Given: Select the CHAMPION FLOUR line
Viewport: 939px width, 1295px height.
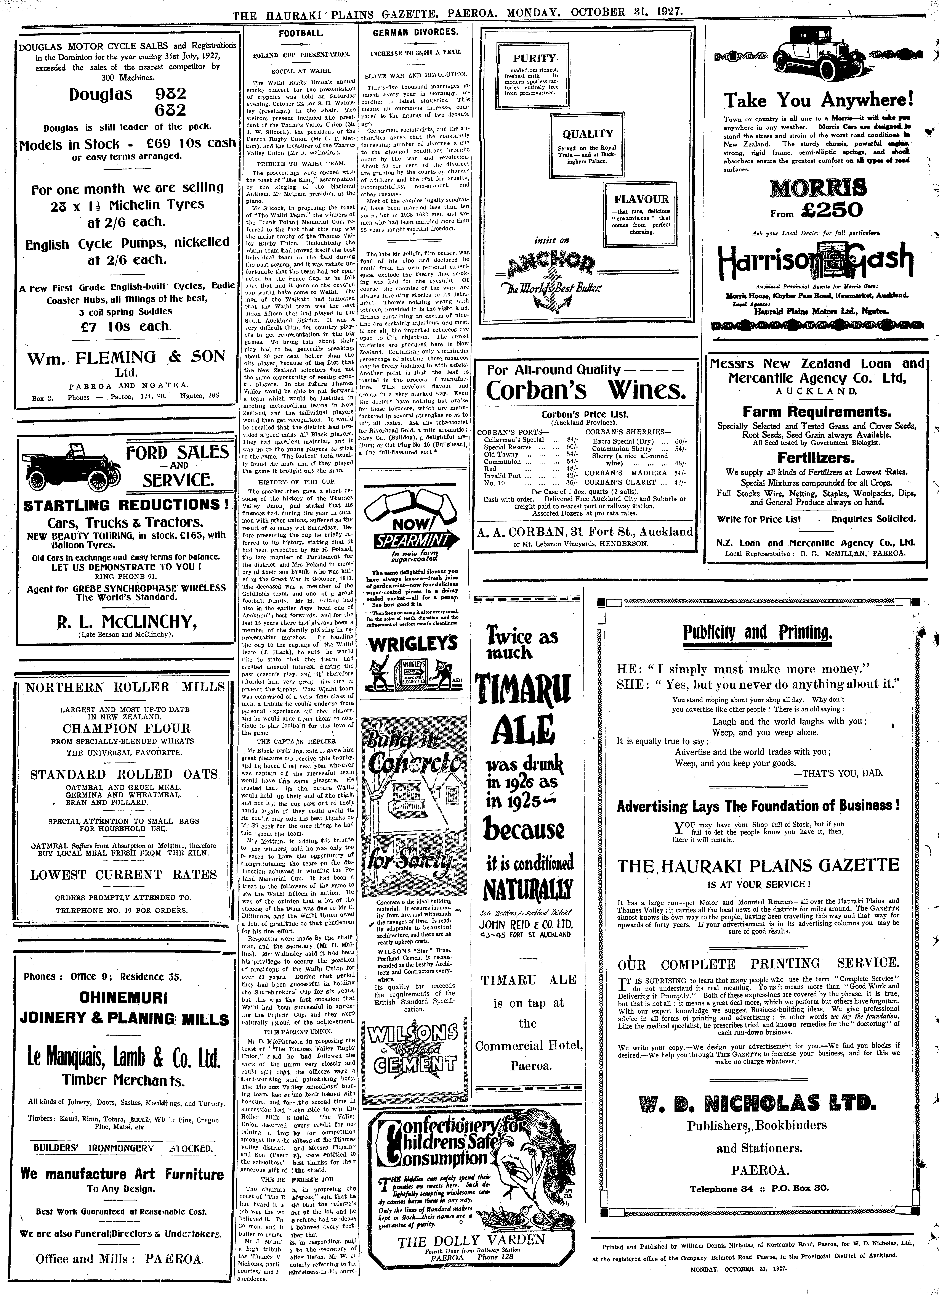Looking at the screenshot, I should tap(126, 729).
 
